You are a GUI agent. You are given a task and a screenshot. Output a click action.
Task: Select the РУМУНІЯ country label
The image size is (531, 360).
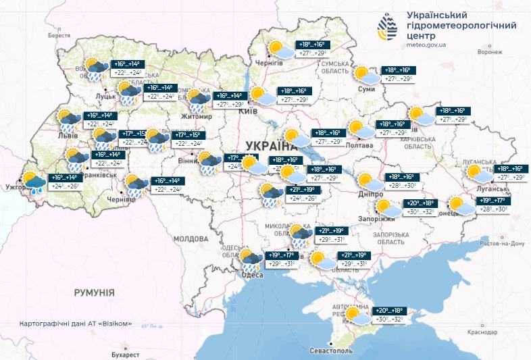point(94,292)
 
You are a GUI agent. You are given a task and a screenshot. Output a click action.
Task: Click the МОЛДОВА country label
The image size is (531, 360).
point(191,239)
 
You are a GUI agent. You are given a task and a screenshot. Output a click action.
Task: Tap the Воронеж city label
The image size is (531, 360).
point(489,52)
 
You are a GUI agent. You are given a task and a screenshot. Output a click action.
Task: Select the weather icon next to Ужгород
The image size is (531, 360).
point(33,182)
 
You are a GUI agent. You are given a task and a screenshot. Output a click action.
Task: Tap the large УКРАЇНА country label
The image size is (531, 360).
point(271,146)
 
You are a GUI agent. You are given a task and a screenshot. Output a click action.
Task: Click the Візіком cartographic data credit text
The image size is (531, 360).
point(76,323)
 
